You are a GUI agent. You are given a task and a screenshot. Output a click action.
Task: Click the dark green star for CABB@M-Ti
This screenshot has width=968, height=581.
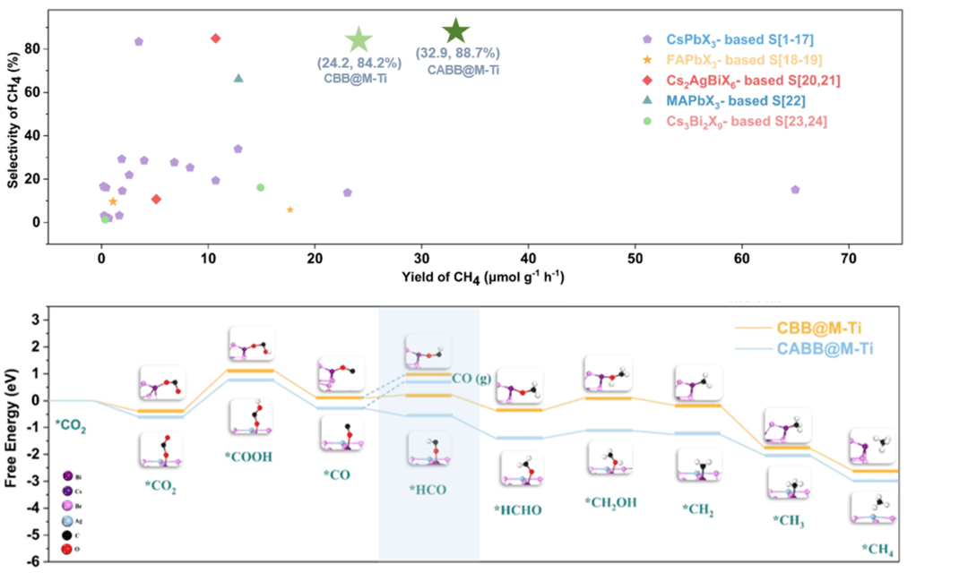point(456,31)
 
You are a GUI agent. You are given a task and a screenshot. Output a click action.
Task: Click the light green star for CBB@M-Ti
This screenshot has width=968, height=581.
point(359,39)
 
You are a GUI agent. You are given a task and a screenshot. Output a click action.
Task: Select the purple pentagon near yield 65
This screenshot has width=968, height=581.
point(795,190)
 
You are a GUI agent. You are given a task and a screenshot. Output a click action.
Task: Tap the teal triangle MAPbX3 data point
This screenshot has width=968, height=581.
point(238,78)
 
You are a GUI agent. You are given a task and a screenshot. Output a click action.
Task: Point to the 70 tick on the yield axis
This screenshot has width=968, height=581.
point(848,257)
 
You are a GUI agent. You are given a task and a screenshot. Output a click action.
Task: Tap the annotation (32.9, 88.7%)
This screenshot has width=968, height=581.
point(458,53)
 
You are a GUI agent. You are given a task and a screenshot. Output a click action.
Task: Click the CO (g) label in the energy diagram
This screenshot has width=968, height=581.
point(471,378)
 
